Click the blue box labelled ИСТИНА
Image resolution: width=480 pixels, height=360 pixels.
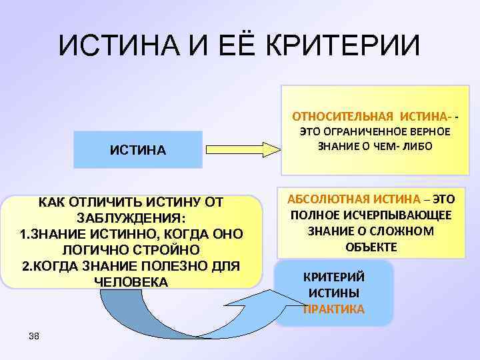[137, 149]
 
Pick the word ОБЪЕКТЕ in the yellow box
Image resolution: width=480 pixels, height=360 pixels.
[371, 247]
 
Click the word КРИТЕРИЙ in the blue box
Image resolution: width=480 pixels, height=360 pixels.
[333, 277]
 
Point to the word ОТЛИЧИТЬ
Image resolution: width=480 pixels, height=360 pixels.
[99, 202]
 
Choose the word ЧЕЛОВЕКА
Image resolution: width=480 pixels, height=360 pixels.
[132, 282]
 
